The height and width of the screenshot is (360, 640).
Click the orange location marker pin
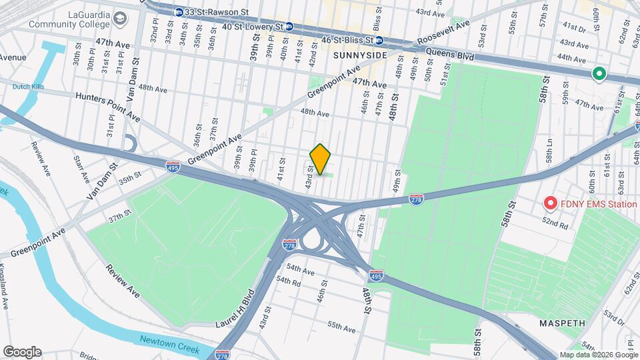[321, 159]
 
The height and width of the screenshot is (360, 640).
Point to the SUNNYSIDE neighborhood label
[360, 55]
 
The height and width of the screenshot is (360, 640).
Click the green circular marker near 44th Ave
[599, 74]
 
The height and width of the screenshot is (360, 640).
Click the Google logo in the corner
[22, 352]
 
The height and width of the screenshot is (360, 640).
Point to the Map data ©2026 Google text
[597, 355]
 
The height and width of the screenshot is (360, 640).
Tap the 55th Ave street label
[341, 327]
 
